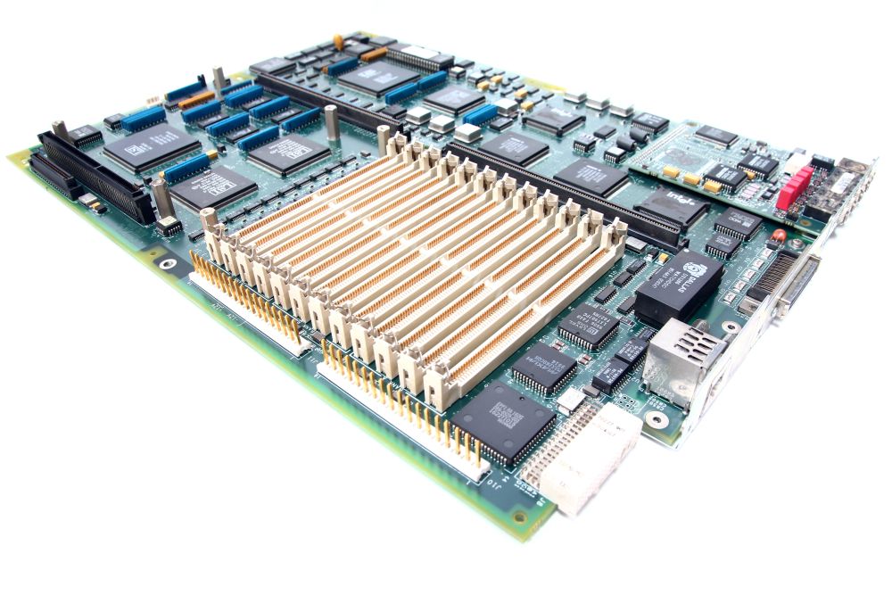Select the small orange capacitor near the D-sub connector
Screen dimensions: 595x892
[x=779, y=236]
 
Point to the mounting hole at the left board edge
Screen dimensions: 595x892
[x=167, y=263]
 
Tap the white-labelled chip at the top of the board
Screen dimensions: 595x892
[x=417, y=56]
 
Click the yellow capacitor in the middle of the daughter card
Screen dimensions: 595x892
[x=692, y=178]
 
